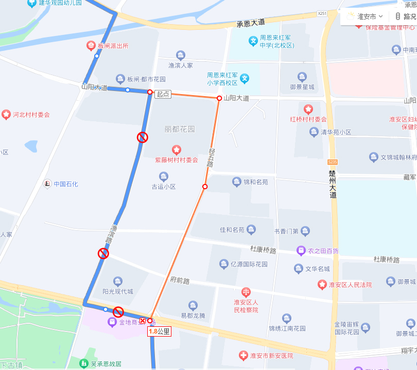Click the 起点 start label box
163,94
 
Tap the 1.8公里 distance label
159,331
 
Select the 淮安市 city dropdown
365,16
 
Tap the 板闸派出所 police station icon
91,46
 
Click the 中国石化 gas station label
66,183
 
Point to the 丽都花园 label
180,129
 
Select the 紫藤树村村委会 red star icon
177,150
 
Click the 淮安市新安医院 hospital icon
243,356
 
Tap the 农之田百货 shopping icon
301,251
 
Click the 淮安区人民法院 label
351,284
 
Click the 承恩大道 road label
250,23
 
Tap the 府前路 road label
180,281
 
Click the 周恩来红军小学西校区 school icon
245,79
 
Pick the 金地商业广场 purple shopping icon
112,322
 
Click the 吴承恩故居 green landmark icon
83,363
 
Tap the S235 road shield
332,162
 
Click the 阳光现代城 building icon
118,281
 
